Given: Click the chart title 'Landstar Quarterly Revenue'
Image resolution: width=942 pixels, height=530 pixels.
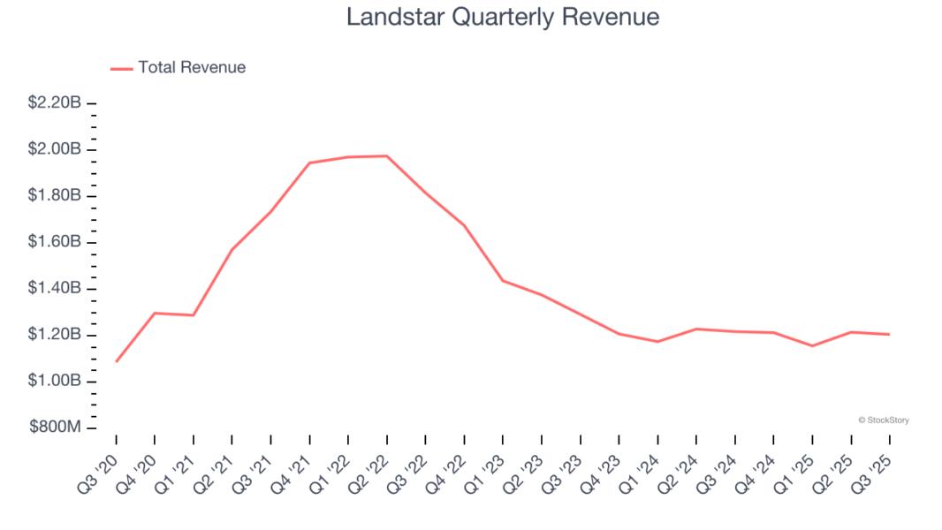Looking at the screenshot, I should click(502, 17).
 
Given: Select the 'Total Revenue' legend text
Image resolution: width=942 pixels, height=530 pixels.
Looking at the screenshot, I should click(192, 67).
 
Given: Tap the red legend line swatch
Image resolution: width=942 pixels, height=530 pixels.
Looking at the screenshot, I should click(121, 68).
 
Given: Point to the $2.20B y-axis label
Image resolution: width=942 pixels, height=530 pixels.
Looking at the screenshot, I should click(54, 103).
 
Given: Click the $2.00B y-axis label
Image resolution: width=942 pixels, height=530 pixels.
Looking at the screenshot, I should click(54, 149).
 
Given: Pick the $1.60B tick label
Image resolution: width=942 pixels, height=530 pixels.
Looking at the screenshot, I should click(54, 242).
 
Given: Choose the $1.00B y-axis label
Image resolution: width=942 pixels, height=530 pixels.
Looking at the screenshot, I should click(54, 381).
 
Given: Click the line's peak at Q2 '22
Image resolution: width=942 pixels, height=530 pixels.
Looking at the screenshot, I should click(386, 155).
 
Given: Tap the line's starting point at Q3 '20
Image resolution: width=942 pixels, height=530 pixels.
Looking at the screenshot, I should click(116, 361).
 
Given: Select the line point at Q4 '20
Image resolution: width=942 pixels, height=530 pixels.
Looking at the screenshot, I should click(155, 313).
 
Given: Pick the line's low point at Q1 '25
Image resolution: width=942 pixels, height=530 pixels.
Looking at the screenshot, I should click(812, 345).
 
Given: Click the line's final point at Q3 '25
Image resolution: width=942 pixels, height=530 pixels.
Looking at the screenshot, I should click(889, 334).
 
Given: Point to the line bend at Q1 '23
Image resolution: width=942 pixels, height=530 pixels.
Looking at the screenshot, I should click(503, 281).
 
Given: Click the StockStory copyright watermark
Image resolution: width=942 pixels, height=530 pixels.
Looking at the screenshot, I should click(883, 420).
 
